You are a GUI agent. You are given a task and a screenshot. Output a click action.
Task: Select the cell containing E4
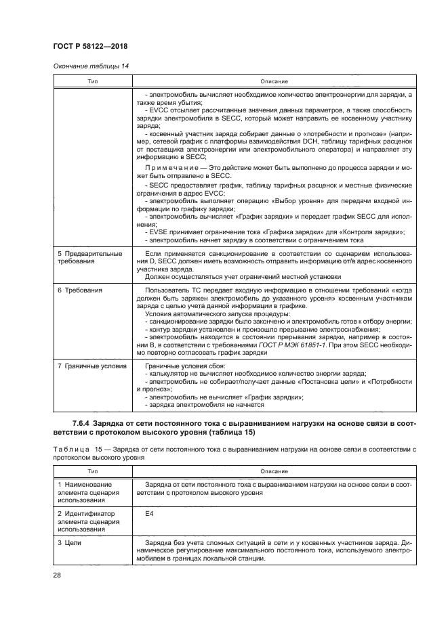pyautogui.click(x=150, y=514)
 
